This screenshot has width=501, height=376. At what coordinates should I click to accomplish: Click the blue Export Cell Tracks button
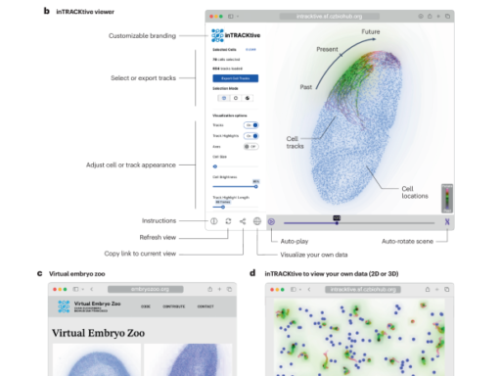(x=235, y=76)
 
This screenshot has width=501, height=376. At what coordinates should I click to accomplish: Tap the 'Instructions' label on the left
(x=159, y=221)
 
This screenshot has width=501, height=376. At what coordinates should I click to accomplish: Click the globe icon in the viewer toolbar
(x=257, y=222)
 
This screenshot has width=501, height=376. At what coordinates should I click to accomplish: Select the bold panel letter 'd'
(x=252, y=273)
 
